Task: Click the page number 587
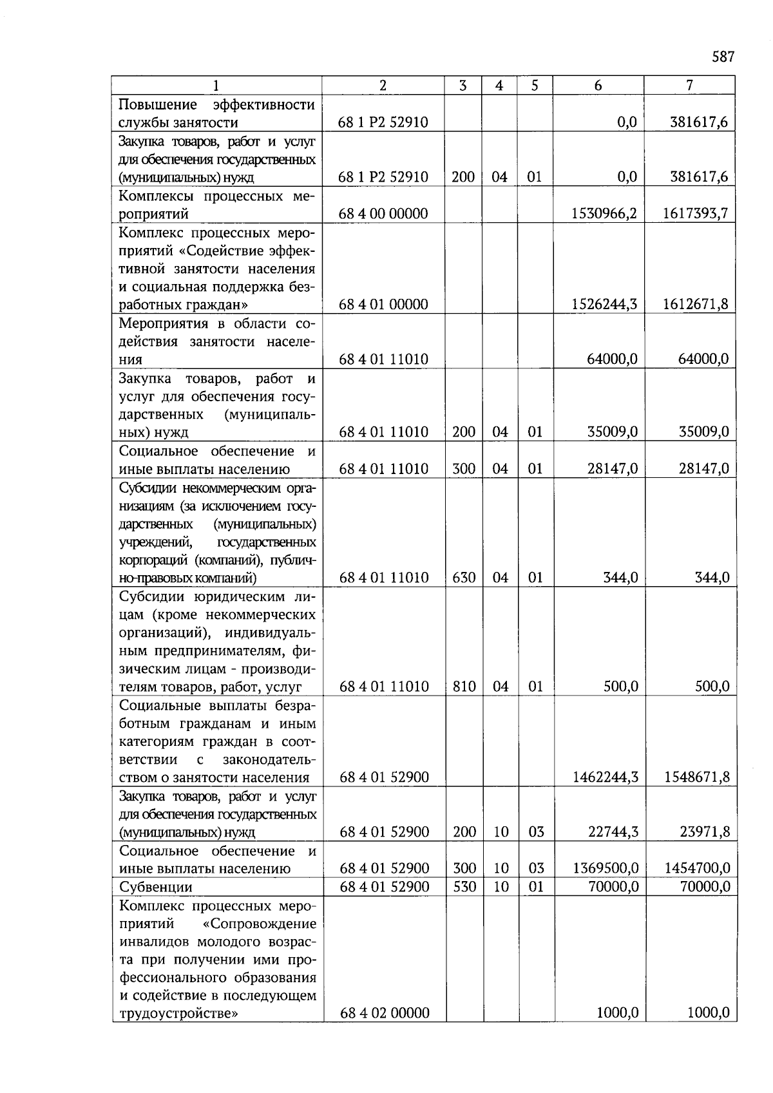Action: click(723, 57)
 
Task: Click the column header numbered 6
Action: click(598, 86)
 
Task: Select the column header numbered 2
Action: click(383, 86)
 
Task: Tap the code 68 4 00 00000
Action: click(383, 214)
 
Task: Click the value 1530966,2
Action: click(604, 214)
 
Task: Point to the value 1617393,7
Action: click(696, 214)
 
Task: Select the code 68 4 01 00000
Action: click(383, 305)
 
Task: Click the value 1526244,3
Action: click(604, 305)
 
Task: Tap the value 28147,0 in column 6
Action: click(613, 469)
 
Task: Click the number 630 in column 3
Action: click(464, 578)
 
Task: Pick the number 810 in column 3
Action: click(464, 687)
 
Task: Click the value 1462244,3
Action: click(605, 777)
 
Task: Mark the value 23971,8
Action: click(705, 832)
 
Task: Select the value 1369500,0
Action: click(605, 868)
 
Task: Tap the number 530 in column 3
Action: click(464, 887)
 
